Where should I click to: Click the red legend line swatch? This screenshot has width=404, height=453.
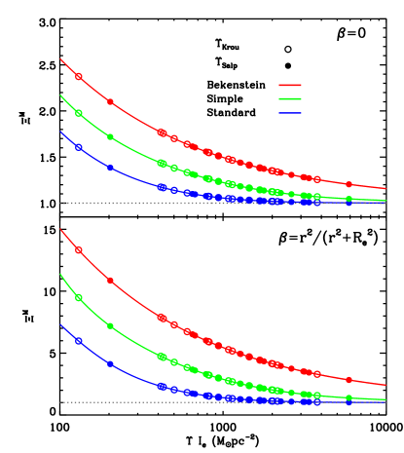[289, 85]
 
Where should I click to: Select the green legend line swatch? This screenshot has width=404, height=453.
[289, 99]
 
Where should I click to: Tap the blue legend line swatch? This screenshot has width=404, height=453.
[289, 113]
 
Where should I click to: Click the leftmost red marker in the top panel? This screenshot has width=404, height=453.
[79, 77]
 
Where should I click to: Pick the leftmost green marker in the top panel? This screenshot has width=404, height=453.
[79, 113]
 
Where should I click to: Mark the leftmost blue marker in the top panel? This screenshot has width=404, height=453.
[79, 147]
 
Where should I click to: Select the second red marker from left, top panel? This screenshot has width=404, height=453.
[110, 102]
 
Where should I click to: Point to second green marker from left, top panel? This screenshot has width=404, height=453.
[110, 137]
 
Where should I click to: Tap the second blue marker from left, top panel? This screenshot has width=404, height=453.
[110, 168]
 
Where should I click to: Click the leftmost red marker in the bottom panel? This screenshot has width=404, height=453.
[79, 250]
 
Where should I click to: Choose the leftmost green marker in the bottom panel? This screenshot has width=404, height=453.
[79, 297]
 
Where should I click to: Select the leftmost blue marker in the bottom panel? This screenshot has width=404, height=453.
[79, 341]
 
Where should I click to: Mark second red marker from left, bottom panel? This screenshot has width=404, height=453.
[110, 281]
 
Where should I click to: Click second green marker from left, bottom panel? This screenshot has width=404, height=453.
[110, 326]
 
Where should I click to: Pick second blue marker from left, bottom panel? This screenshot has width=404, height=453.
[110, 364]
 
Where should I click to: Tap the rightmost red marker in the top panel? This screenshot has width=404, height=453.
[349, 184]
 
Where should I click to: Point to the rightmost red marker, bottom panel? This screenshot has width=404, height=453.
[349, 380]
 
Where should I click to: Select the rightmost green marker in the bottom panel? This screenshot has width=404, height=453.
[349, 397]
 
